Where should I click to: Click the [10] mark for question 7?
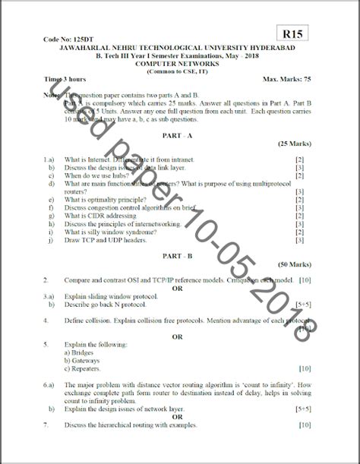click(x=304, y=425)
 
